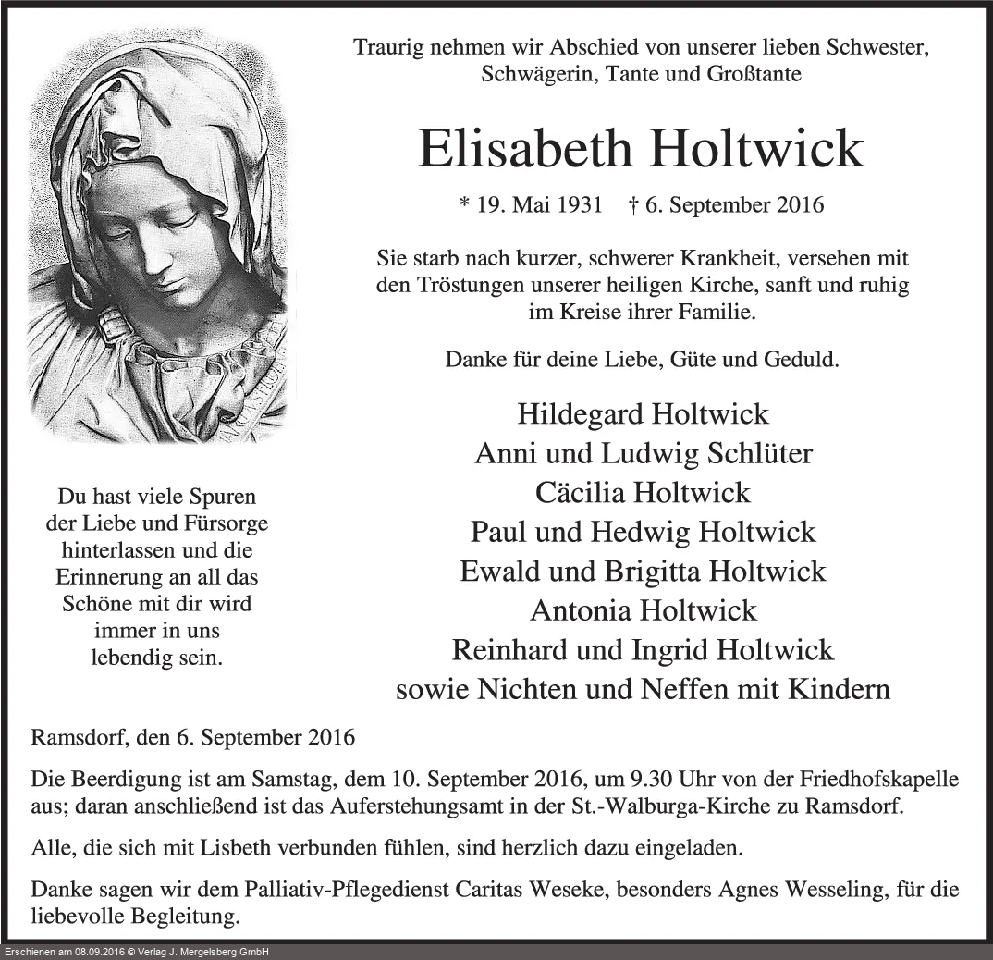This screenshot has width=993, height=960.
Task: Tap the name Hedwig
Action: (650, 532)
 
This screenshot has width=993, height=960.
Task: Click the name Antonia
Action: (579, 610)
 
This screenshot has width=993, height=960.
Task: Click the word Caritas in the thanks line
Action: (500, 890)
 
